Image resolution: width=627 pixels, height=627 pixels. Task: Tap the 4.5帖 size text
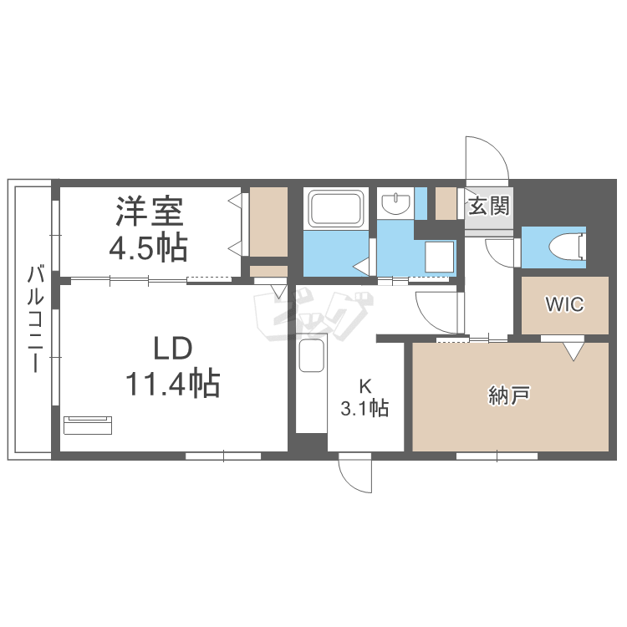(x=150, y=247)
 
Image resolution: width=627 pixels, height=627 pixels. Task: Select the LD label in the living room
(x=172, y=348)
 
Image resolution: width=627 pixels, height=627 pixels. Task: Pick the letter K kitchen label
(x=364, y=386)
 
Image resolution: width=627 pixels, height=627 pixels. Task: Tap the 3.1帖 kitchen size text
(x=364, y=408)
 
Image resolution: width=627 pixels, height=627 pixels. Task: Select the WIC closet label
(x=565, y=304)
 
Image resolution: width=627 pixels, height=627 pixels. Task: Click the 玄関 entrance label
(x=488, y=206)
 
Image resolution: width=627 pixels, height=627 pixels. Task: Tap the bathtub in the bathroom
(x=336, y=208)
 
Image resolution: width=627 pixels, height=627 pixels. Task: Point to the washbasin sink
(x=395, y=203)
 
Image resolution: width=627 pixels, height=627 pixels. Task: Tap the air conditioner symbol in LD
(x=88, y=424)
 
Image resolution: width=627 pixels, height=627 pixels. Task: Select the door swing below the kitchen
(x=354, y=475)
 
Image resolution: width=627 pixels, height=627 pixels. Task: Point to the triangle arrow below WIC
(x=573, y=351)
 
